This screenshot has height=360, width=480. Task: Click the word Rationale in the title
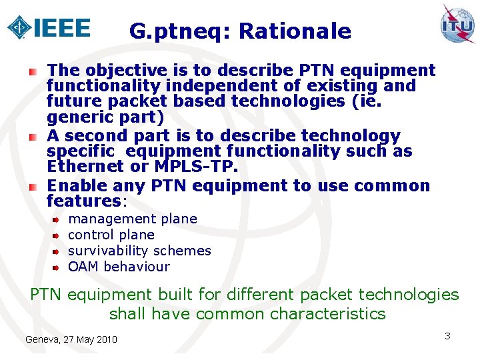click(294, 31)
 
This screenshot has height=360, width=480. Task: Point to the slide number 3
click(447, 336)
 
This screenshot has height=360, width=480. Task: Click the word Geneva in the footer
click(42, 340)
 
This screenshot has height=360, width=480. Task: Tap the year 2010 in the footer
click(105, 340)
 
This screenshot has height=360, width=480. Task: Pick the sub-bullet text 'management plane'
click(133, 219)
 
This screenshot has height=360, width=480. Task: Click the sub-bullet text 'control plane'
click(111, 235)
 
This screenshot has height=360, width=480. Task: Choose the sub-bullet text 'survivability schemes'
click(139, 251)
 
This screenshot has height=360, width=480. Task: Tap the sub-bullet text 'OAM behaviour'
click(119, 267)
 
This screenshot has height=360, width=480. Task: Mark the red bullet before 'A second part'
click(33, 137)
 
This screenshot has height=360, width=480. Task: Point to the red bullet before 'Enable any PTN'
click(33, 186)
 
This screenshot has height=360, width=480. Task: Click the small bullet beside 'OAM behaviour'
click(57, 267)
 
